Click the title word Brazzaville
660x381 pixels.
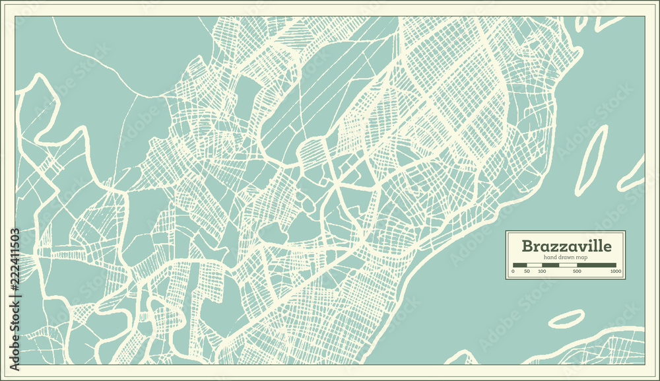[x=566, y=246]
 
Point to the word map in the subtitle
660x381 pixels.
[x=582, y=257]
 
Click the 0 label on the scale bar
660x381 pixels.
[x=513, y=271]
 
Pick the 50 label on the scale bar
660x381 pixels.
[x=527, y=271]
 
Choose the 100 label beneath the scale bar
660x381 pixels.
[x=541, y=271]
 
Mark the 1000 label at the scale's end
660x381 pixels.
[x=615, y=271]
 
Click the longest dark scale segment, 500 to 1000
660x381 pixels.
[x=597, y=265]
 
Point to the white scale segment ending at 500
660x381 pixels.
[x=568, y=265]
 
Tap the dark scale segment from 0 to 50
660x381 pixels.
[x=519, y=265]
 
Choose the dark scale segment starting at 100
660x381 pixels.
[x=550, y=265]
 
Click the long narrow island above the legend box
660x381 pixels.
[x=591, y=160]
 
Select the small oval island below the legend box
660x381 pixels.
[x=566, y=318]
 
